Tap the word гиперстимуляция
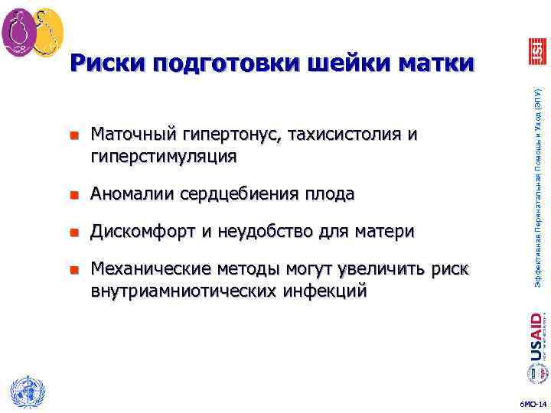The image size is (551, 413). [164, 157]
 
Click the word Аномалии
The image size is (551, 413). [129, 194]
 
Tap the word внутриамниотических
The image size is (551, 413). [183, 291]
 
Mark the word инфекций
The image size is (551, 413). [323, 291]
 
